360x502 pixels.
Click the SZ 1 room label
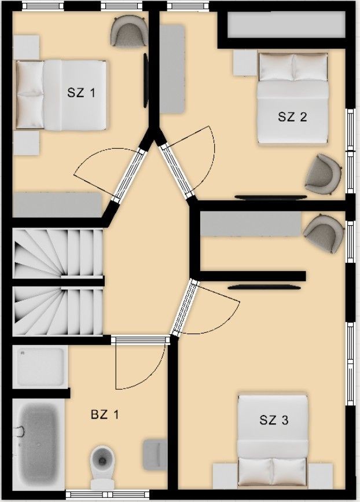pos(81,93)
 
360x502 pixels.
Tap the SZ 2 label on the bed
pos(292,116)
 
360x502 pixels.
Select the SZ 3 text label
pos(274,420)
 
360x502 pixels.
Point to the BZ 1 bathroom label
pos(105,415)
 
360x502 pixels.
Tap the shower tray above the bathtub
pos(41,367)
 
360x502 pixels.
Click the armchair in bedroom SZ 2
pos(324,173)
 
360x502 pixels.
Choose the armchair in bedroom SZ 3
pos(324,233)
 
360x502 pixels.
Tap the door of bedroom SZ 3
pos(205,307)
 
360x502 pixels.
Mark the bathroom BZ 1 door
pos(141,362)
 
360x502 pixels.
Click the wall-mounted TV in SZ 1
pos(146,80)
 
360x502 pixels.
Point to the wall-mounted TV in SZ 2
pos(270,197)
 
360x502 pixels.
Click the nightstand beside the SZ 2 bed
pos(246,63)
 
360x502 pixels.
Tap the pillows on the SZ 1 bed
pos(30,94)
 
